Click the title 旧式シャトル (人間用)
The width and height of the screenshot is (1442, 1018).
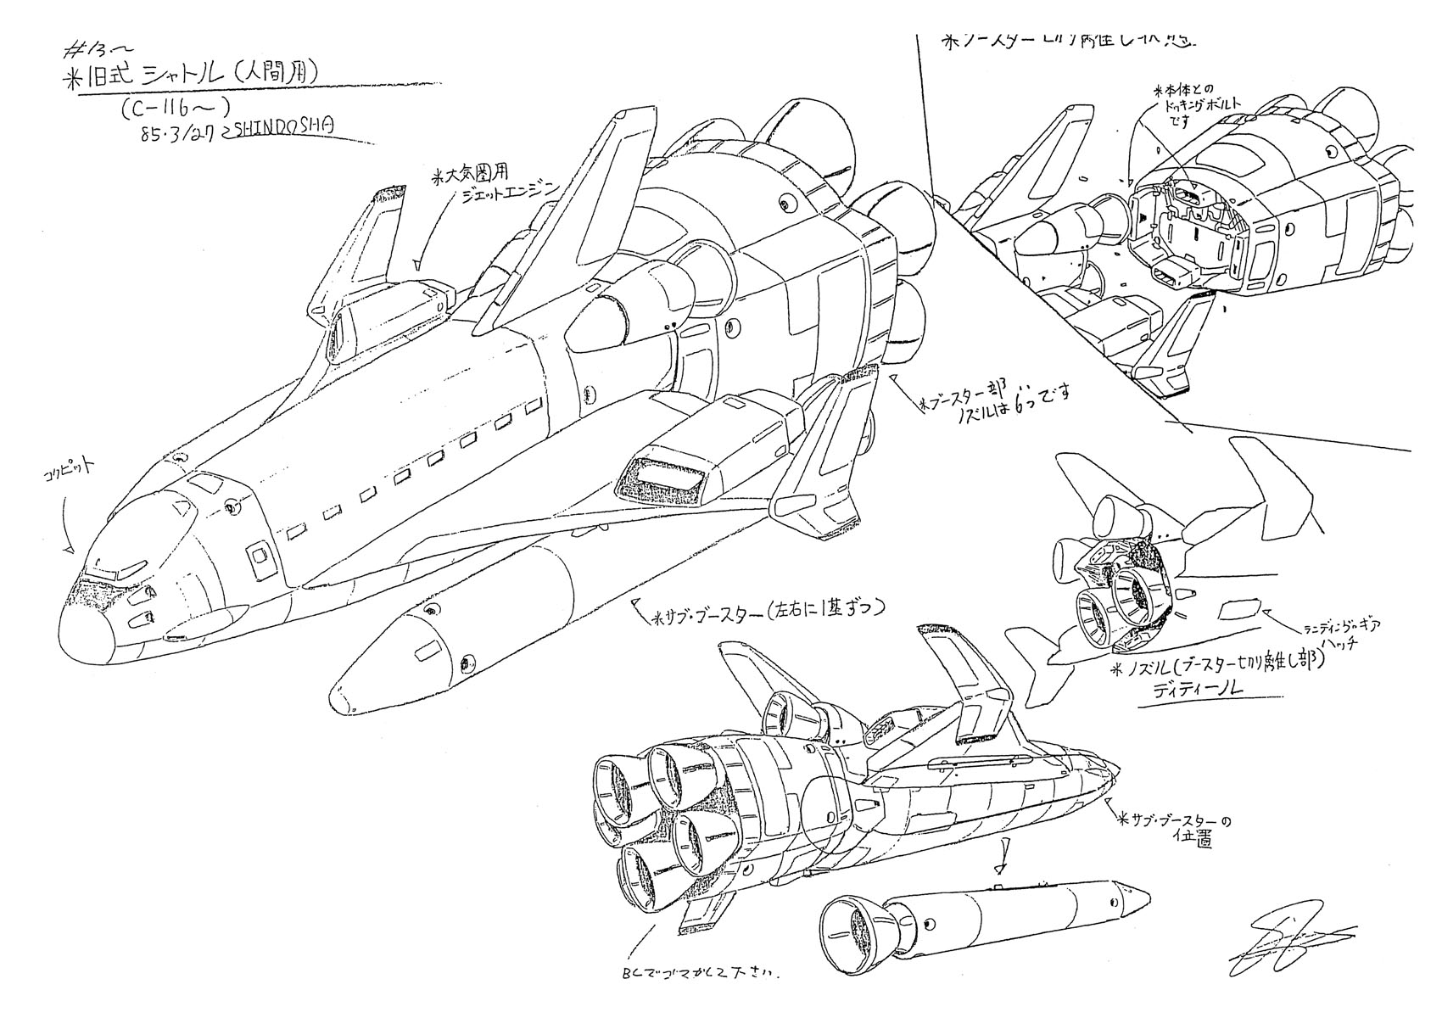[x=195, y=75]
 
